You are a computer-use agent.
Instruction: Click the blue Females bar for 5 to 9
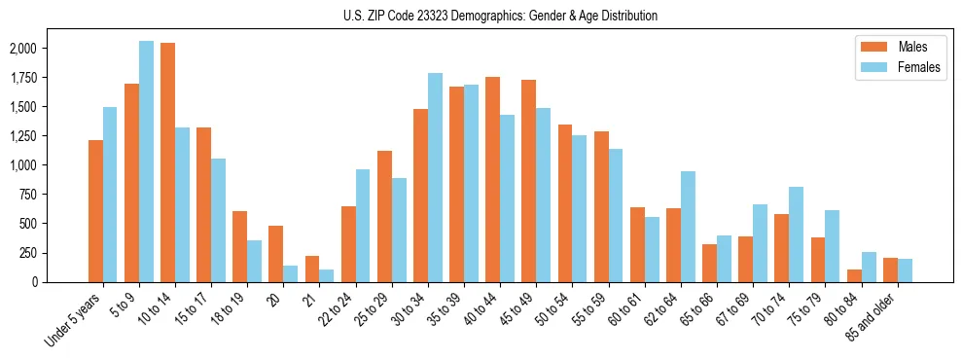tap(146, 162)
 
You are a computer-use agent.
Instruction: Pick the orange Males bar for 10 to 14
tap(167, 162)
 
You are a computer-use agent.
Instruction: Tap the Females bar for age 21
tap(327, 275)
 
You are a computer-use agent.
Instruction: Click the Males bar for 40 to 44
tap(492, 179)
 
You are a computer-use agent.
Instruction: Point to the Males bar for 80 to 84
tap(854, 275)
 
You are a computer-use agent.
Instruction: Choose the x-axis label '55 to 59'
tap(588, 311)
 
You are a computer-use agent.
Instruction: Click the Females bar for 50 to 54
tap(579, 208)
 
